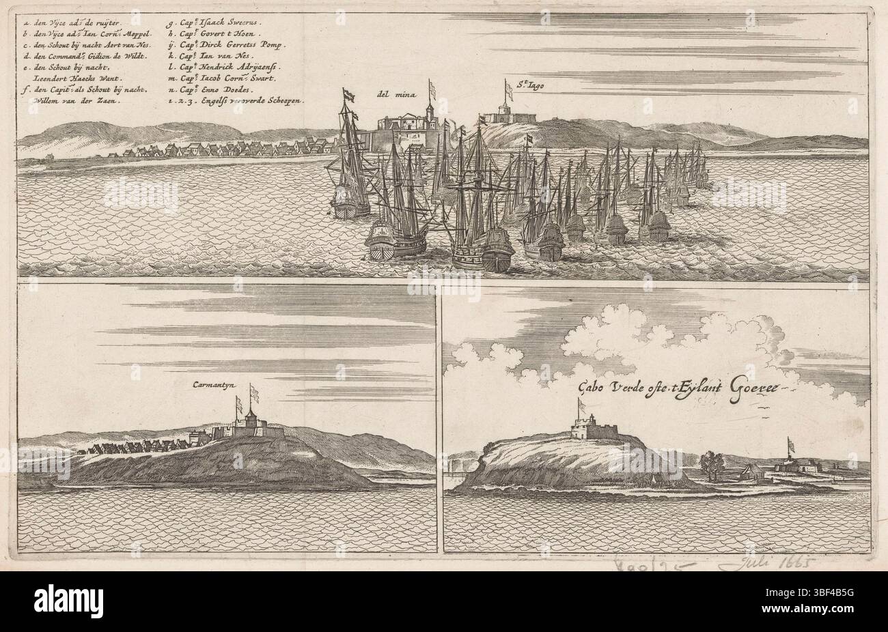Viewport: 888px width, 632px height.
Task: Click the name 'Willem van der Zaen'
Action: tap(75, 100)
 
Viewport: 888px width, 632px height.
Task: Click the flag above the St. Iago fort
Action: tap(509, 89)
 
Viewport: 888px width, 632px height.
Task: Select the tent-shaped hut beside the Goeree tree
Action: tap(747, 470)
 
